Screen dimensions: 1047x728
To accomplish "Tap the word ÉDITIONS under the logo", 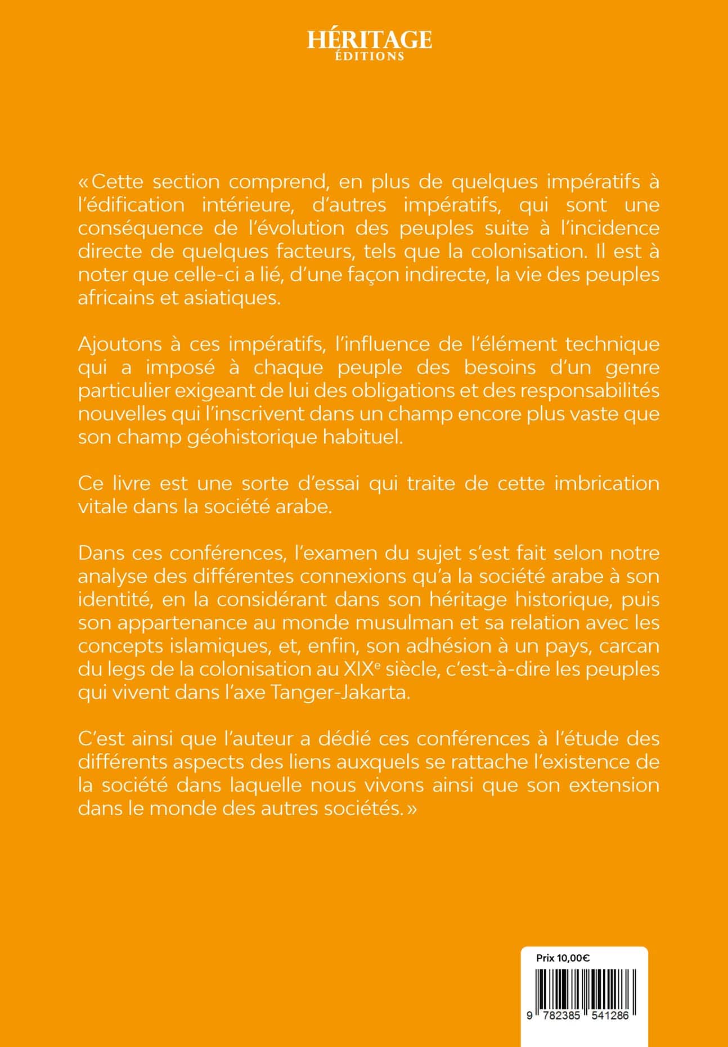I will (369, 56).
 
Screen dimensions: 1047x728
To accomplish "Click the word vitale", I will (102, 507).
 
